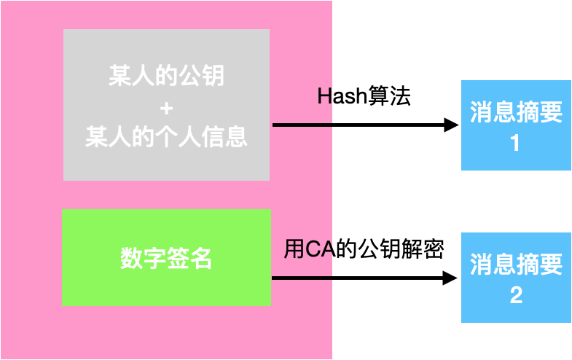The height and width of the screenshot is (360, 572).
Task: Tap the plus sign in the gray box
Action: coord(166,108)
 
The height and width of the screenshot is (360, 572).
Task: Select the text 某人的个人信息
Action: coord(166,137)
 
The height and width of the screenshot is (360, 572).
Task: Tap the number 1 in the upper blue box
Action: coord(515,144)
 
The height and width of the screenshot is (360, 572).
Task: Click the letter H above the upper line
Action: coord(325,96)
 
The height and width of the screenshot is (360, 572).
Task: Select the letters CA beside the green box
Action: coord(318,250)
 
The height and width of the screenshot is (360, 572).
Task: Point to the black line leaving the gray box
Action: coord(302,125)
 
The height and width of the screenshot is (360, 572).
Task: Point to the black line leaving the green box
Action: coord(302,278)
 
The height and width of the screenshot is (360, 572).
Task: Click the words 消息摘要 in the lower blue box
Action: coord(516,264)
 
